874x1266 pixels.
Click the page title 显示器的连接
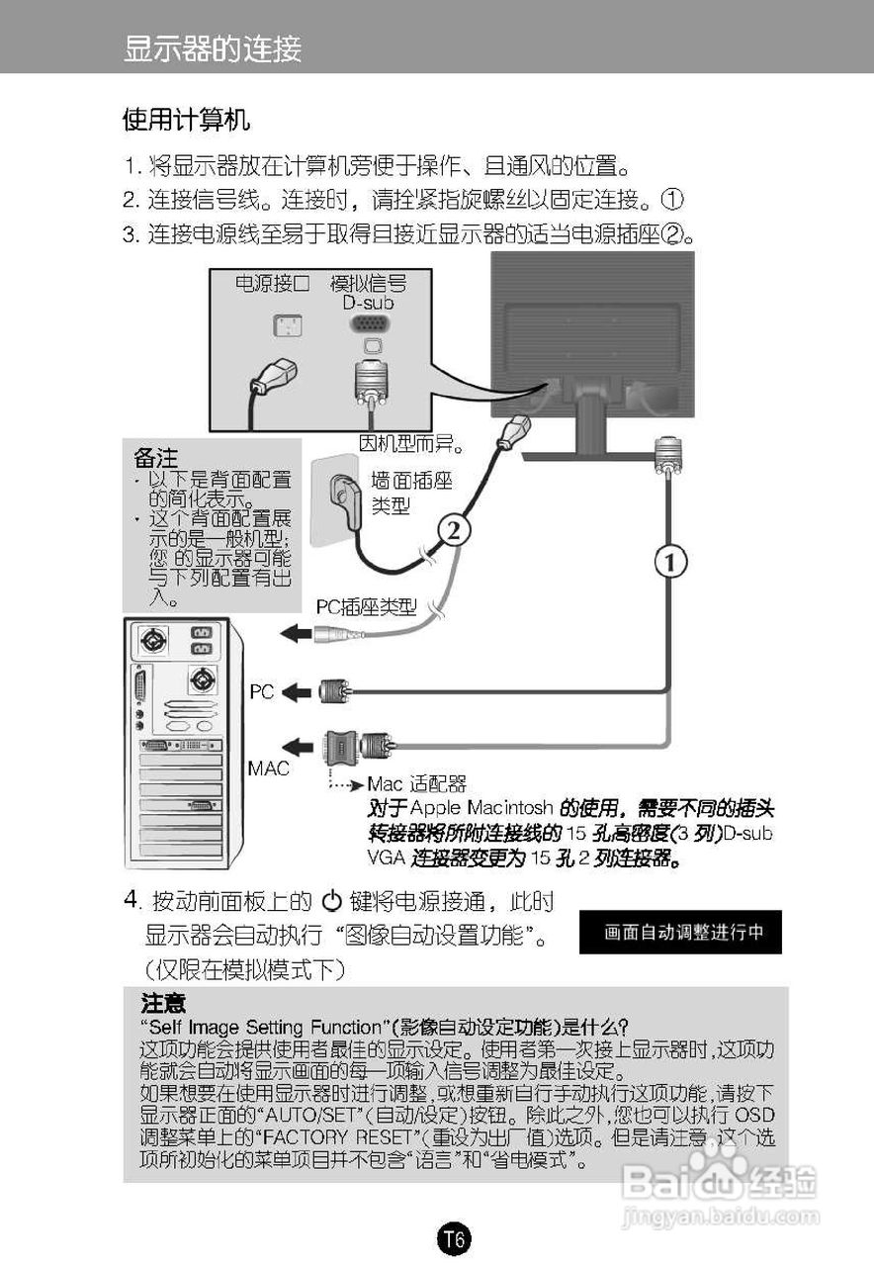213,48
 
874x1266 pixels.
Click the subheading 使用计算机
186,121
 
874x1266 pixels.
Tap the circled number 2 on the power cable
452,531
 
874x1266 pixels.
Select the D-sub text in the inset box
369,303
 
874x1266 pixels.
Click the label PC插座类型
366,607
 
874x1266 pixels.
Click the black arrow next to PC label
297,693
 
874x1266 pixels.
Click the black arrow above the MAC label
297,744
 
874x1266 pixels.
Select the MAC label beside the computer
268,768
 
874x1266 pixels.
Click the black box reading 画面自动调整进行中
679,932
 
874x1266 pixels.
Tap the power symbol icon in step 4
331,901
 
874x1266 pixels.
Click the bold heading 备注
156,459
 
